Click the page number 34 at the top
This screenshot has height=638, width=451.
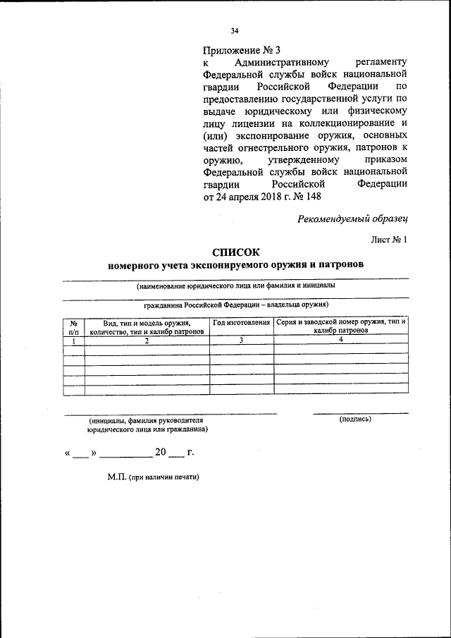(235, 30)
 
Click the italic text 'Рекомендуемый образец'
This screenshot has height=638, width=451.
(352, 219)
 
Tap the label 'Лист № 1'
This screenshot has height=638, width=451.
(389, 240)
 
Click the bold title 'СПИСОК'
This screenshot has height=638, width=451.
(236, 252)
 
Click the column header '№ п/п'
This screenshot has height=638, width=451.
(73, 326)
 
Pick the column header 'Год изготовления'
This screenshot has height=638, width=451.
(242, 322)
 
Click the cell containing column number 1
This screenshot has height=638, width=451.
(73, 340)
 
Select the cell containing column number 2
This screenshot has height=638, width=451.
(147, 340)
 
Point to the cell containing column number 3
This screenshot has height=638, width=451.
(242, 340)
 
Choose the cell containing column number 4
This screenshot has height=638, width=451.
(341, 340)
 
